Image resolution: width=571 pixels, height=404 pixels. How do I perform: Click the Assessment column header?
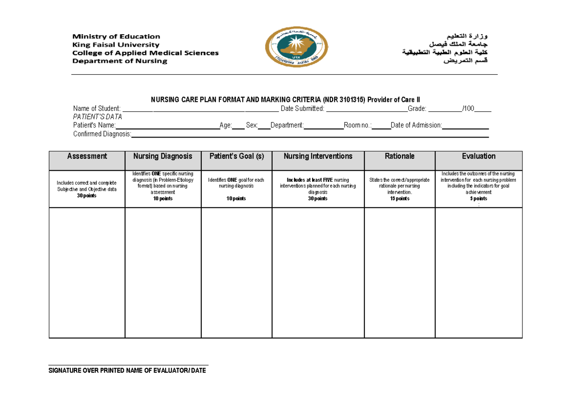click(87, 157)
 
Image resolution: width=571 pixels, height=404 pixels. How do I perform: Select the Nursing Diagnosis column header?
click(163, 157)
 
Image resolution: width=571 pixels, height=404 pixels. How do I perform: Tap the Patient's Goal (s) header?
click(236, 157)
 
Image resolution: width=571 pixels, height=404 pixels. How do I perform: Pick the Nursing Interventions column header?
click(318, 157)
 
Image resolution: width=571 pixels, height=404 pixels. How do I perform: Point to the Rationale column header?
click(400, 157)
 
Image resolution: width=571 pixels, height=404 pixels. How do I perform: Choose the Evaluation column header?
click(479, 157)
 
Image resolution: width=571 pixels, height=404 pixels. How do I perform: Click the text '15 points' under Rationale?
click(400, 199)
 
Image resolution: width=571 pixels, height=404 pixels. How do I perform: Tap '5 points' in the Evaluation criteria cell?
click(479, 199)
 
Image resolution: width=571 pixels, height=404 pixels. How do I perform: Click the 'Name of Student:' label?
click(97, 109)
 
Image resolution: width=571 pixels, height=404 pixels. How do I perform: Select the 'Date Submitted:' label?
click(303, 109)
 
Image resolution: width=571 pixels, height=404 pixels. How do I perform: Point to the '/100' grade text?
click(468, 109)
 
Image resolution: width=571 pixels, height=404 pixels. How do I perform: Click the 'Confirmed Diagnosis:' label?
click(102, 134)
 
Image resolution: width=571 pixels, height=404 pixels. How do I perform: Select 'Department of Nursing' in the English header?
click(119, 61)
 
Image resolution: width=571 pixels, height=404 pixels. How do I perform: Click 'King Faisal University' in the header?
click(116, 45)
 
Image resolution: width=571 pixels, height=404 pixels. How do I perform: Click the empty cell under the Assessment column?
click(87, 272)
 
